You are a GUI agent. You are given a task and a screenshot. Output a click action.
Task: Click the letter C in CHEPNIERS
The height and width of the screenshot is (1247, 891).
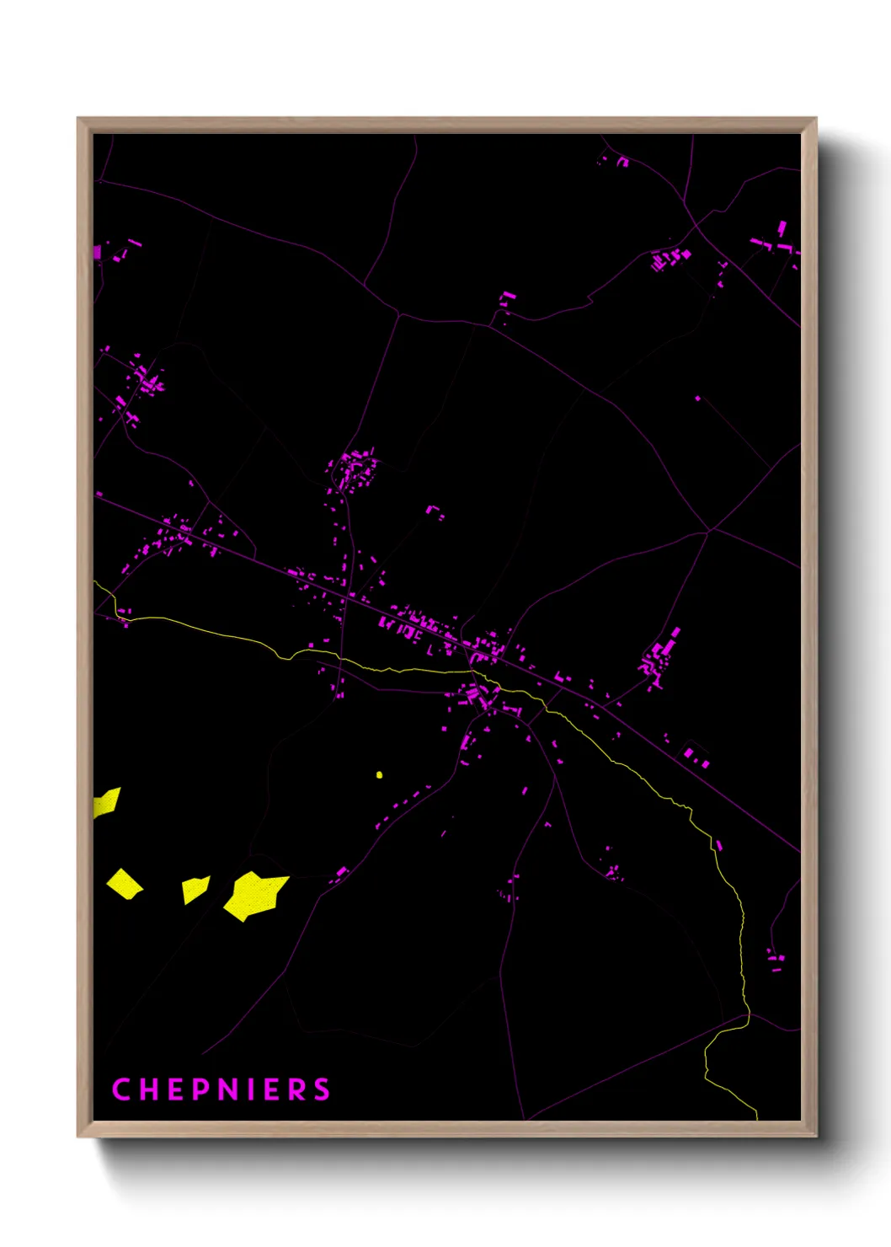click(x=120, y=1089)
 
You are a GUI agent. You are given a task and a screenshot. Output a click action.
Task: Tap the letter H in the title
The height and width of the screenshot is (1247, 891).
click(x=147, y=1089)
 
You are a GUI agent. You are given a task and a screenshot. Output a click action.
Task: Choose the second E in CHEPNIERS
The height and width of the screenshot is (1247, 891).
click(x=270, y=1089)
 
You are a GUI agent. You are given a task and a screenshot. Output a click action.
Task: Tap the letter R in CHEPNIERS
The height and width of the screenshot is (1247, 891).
click(x=296, y=1089)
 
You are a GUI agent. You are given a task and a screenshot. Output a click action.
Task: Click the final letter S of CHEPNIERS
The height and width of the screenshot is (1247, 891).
click(x=322, y=1089)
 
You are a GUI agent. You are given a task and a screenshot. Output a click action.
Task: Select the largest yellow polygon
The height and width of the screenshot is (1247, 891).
click(x=254, y=896)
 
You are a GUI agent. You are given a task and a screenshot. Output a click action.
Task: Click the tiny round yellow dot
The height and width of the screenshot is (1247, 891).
click(x=379, y=774)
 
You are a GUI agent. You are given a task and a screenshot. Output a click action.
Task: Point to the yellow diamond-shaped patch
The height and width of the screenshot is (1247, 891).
click(x=125, y=884)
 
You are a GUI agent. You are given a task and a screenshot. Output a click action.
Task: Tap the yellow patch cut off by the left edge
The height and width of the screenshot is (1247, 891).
click(x=106, y=801)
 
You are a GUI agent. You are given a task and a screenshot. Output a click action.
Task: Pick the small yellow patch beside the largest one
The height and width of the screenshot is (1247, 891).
click(x=195, y=889)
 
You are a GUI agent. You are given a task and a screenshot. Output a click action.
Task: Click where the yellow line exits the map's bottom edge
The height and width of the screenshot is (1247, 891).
click(x=756, y=1119)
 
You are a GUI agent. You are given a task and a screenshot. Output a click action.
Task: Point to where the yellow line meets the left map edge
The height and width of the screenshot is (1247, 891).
click(x=94, y=581)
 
